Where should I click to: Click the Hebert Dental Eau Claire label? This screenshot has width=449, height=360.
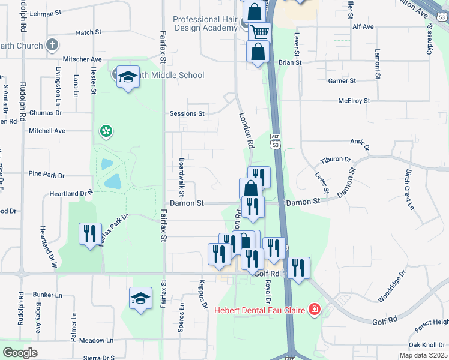261,310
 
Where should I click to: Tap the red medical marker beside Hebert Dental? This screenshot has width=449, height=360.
313,310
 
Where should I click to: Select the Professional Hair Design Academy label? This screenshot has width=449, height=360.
205,23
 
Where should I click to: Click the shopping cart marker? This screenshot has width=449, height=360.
259,32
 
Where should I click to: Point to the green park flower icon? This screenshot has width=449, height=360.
106,130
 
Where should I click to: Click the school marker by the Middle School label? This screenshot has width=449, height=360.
128,77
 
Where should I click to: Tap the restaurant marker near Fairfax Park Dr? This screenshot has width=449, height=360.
90,233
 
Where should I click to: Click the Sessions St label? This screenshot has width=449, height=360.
187,113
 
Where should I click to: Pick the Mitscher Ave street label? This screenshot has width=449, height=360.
82,59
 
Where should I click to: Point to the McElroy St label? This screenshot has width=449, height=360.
354,101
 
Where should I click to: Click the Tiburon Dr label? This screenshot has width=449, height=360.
335,160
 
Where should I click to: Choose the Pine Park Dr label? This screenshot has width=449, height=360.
46,175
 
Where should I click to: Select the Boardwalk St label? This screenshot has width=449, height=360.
181,178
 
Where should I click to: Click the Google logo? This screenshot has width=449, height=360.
20,353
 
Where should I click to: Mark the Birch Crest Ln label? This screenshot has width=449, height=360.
409,188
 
